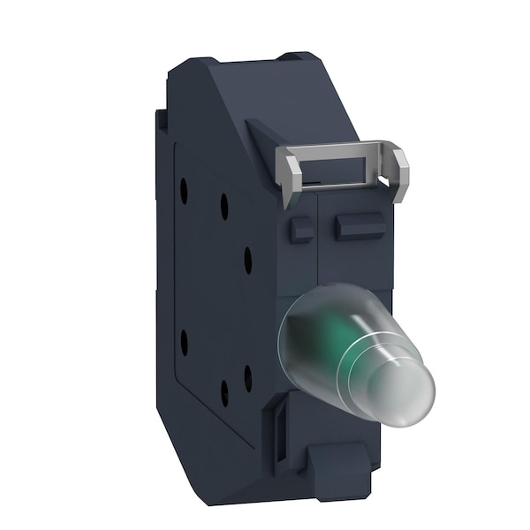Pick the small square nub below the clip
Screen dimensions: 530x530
point(301,231)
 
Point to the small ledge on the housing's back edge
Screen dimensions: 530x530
point(162,119)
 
